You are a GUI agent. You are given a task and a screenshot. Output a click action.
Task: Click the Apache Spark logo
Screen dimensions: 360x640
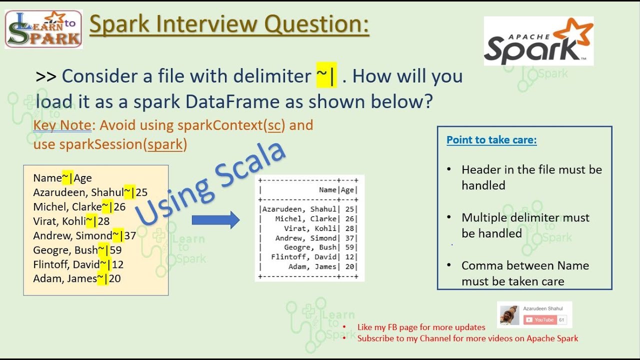[538, 41]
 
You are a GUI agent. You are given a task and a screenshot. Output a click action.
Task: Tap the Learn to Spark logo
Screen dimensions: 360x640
[43, 29]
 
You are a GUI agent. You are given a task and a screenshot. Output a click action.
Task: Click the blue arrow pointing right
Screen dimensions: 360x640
[215, 220]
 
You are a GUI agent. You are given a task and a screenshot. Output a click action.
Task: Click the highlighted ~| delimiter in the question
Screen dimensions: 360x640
[326, 76]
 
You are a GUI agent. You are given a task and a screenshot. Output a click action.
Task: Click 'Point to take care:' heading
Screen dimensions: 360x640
[491, 140]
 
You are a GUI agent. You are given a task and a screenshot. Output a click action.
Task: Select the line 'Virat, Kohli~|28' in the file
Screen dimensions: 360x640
[71, 221]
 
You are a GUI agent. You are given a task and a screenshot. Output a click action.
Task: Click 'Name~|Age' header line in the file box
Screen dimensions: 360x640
[62, 178]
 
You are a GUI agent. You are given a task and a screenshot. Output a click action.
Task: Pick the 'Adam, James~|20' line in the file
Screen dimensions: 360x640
[76, 278]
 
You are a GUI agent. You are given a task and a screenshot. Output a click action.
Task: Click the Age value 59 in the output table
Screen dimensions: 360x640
[349, 247]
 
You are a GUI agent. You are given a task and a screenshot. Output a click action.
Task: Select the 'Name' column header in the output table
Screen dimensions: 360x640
[327, 190]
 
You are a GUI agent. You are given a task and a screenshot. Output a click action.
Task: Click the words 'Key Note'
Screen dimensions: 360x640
[62, 125]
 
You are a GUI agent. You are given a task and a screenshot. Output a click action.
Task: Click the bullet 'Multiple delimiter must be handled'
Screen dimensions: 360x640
[525, 225]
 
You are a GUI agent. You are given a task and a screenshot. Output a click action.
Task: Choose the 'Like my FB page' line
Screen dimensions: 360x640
[421, 327]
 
